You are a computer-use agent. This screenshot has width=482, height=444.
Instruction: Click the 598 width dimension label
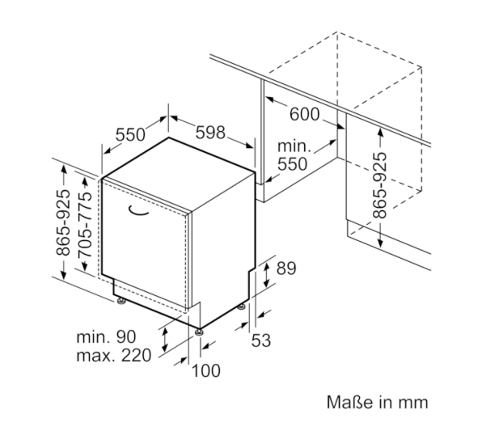210,133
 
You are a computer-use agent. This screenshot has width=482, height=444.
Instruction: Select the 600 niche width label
305,114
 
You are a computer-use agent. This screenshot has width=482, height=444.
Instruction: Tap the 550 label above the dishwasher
130,135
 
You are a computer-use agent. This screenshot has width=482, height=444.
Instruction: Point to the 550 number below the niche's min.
292,164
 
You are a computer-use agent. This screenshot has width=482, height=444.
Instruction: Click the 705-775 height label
85,225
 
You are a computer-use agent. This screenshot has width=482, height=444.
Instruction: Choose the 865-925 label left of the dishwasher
63,222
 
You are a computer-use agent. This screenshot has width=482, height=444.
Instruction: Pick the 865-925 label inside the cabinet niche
379,185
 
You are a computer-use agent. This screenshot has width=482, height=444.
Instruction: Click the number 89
286,269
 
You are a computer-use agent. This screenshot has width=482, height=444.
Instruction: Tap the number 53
261,340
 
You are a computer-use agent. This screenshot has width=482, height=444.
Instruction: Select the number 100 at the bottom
206,370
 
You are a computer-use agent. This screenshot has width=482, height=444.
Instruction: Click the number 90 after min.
125,336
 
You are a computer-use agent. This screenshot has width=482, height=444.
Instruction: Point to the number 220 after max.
137,356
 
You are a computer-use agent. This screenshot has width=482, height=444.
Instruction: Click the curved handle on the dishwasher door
138,210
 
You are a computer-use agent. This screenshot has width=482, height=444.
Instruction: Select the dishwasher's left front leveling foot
120,301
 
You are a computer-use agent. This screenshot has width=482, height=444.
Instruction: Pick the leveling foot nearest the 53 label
242,307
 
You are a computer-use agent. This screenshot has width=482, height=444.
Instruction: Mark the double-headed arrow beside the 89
267,275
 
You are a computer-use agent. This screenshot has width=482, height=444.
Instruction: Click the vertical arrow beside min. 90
165,340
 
